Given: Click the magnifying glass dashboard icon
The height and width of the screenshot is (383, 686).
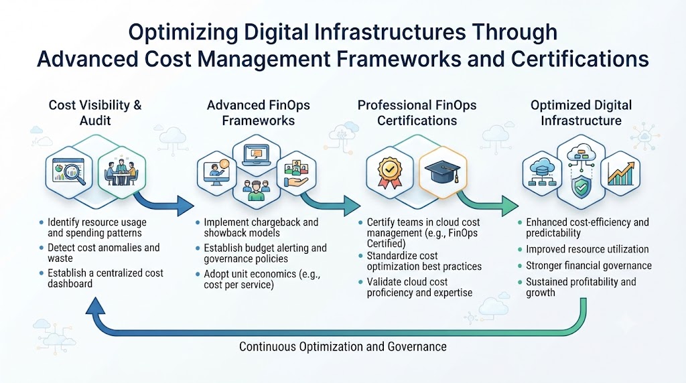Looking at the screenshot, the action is [69, 171].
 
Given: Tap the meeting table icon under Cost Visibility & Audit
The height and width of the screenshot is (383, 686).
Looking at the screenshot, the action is [121, 172].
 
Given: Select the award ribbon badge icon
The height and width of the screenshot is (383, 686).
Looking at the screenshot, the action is [390, 172].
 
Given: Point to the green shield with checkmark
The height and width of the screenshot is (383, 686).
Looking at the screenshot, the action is [581, 187].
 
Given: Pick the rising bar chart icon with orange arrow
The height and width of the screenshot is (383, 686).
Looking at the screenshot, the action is [620, 173].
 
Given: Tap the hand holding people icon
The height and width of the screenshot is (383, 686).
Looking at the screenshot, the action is [296, 173].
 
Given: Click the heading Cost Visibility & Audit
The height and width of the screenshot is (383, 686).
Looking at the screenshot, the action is [95, 112].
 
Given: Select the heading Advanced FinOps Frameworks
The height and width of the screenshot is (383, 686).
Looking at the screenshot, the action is [258, 112].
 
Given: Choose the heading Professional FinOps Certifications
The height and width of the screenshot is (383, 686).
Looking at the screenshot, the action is [417, 112].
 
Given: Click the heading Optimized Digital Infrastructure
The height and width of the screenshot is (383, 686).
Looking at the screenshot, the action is [581, 112].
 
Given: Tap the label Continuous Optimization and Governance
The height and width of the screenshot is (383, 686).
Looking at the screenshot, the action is [342, 347].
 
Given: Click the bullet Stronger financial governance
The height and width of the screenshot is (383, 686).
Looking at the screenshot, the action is [588, 265].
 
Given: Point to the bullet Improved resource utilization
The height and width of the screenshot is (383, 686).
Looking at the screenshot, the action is [587, 249].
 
